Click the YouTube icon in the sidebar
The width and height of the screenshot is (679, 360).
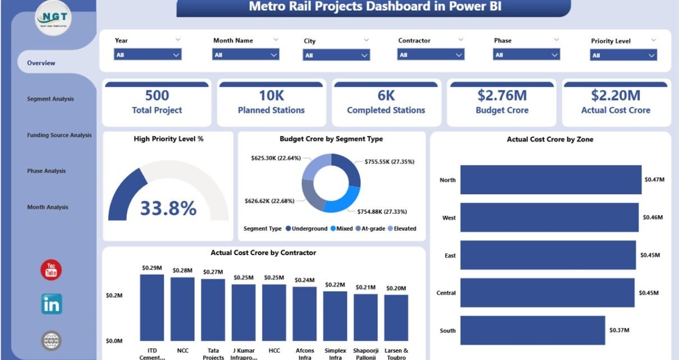pyautogui.click(x=51, y=270)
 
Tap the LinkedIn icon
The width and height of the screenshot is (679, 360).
pyautogui.click(x=51, y=304)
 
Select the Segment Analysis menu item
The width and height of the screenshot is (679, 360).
pyautogui.click(x=51, y=99)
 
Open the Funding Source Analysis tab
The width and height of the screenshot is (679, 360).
pyautogui.click(x=59, y=135)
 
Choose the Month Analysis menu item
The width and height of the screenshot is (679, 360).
pyautogui.click(x=48, y=207)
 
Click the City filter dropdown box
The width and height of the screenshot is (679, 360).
pyautogui.click(x=336, y=55)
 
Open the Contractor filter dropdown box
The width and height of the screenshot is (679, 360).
pyautogui.click(x=431, y=54)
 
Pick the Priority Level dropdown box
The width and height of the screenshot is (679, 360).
pyautogui.click(x=623, y=55)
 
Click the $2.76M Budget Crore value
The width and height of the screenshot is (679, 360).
pyautogui.click(x=502, y=95)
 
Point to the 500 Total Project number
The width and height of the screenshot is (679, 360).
pyautogui.click(x=157, y=95)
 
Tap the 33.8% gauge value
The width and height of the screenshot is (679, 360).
pyautogui.click(x=168, y=208)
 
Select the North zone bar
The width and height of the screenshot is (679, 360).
pyautogui.click(x=550, y=179)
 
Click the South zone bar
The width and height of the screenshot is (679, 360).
pyautogui.click(x=533, y=330)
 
